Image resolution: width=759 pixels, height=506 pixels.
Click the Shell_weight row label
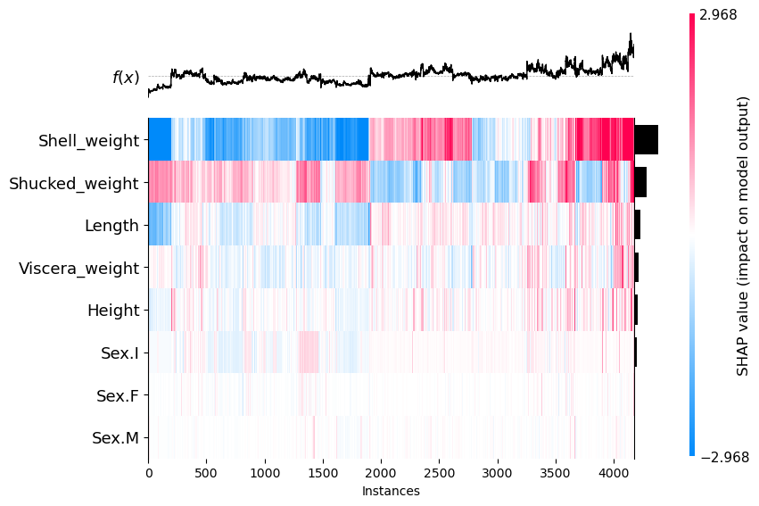tap(88, 140)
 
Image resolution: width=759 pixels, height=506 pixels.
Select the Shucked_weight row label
tap(74, 183)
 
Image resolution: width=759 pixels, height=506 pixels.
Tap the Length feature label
tap(111, 226)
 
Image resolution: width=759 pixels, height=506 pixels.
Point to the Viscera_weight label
tap(78, 268)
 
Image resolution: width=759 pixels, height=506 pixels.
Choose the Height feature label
tap(113, 311)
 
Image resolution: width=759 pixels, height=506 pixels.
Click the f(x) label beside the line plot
tap(126, 78)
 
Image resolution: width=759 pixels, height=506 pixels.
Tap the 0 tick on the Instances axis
tap(148, 473)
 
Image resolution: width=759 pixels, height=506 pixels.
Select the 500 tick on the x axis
tap(206, 473)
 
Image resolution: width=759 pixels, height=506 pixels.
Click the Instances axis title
tap(391, 491)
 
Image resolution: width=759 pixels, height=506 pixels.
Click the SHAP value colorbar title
tap(742, 236)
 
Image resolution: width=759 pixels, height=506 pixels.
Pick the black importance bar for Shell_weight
tap(646, 140)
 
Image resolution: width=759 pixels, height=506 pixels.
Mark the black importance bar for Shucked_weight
tap(640, 183)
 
